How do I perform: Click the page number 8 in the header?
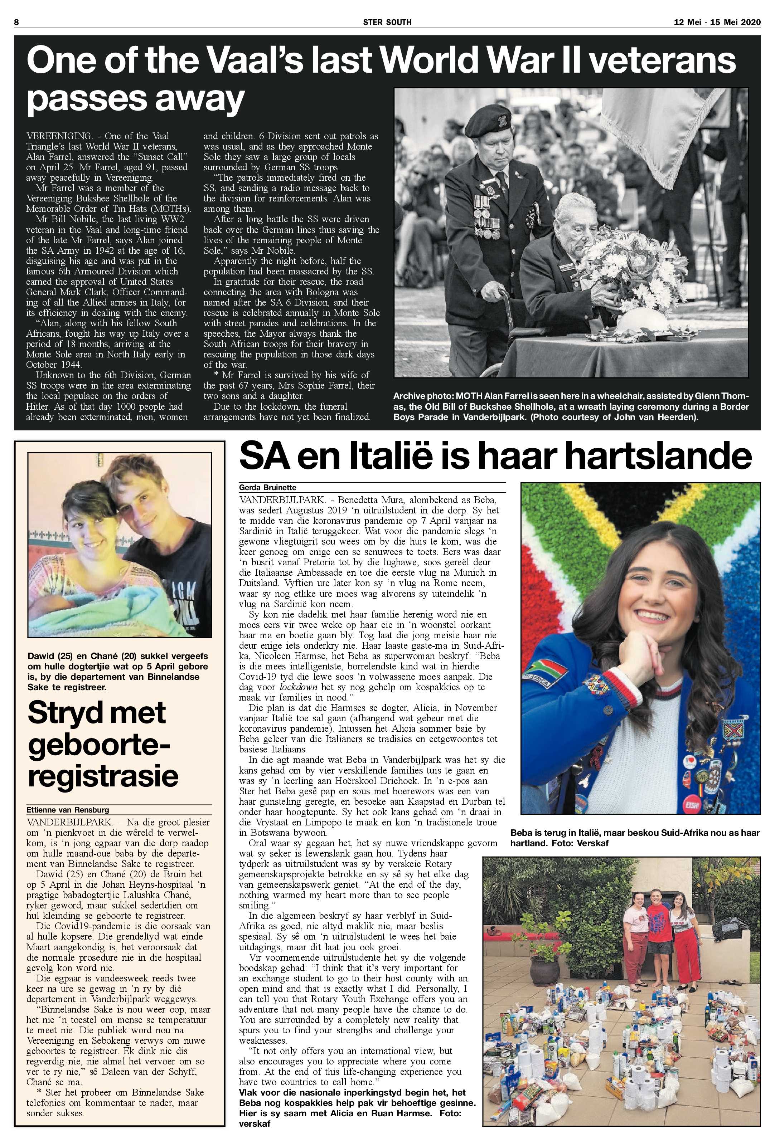point(16,22)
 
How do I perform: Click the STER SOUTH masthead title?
point(387,22)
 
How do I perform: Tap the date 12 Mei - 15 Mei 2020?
point(717,22)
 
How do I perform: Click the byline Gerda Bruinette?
point(267,488)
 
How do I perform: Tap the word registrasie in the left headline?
point(103,776)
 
